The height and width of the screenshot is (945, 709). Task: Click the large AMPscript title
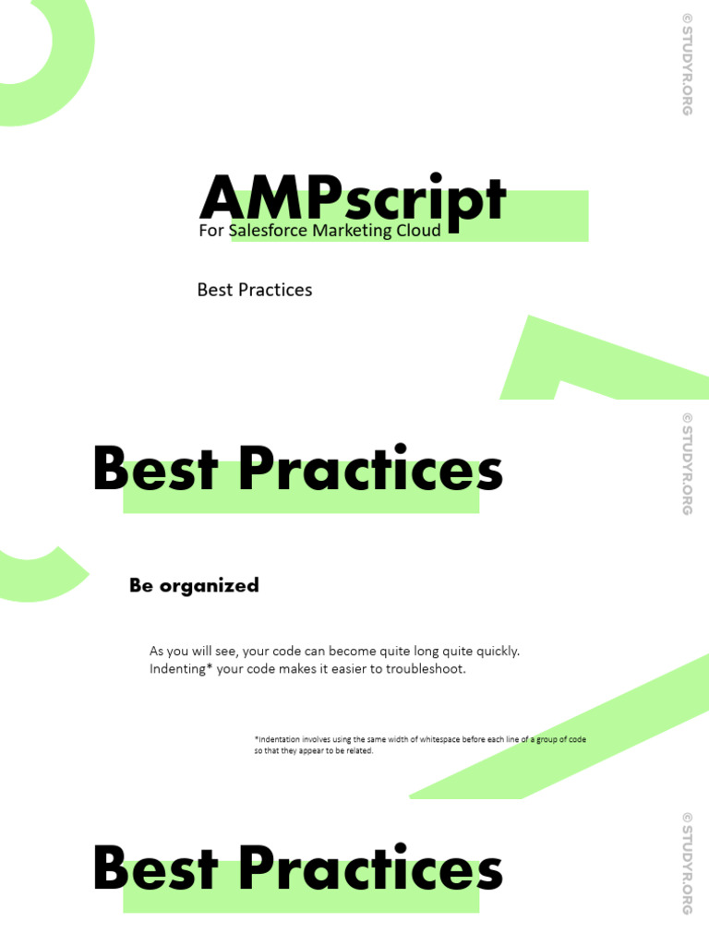point(353,197)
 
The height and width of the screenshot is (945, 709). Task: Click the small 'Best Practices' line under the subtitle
point(255,290)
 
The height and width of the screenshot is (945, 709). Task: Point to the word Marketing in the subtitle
point(352,231)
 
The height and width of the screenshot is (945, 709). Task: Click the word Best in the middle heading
point(156,470)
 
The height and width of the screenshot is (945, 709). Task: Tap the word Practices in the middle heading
point(370,470)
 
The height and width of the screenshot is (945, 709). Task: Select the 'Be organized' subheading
point(194,585)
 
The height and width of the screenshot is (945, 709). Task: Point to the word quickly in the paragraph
point(494,651)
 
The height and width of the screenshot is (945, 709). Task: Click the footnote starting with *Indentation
point(420,745)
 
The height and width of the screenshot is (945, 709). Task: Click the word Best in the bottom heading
point(156,869)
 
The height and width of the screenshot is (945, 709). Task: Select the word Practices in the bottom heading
point(370,869)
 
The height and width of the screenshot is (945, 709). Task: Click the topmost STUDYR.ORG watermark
point(686,64)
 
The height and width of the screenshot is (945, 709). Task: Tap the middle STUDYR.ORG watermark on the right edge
point(686,463)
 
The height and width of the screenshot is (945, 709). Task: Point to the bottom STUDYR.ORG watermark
point(686,863)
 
